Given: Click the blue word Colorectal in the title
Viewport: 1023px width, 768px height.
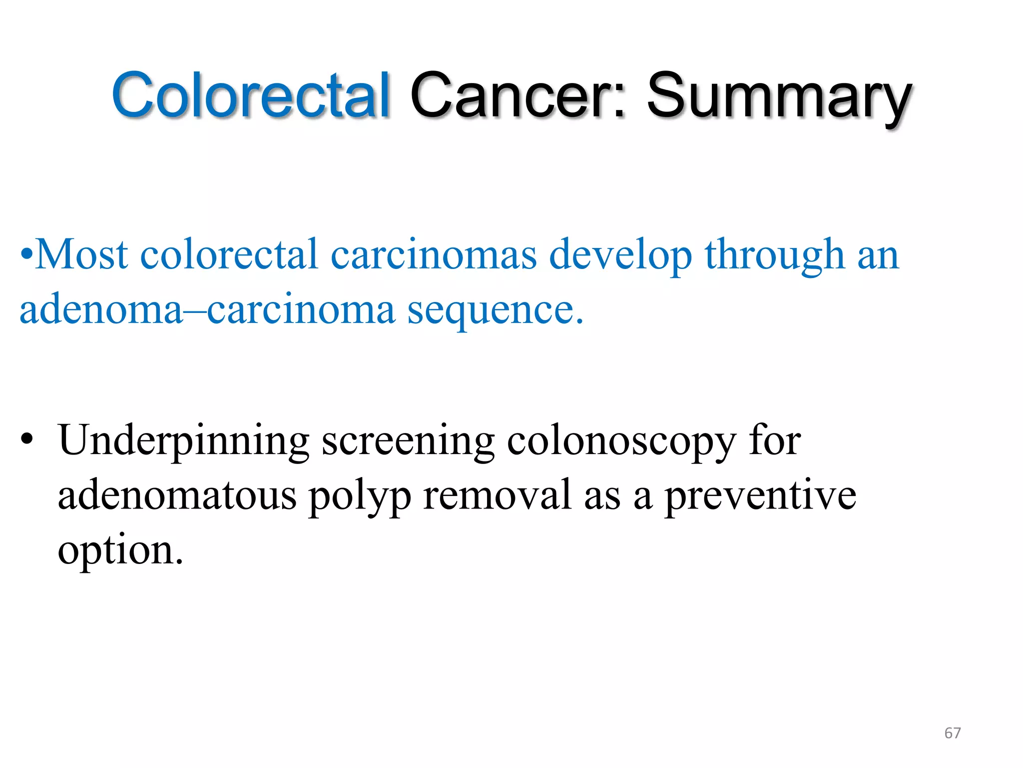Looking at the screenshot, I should coord(250,95).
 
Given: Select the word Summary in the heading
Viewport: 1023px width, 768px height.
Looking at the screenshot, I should coord(779,97).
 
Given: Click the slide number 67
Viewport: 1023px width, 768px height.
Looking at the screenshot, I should coord(952,733).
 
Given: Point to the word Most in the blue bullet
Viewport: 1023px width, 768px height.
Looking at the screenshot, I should coord(82,254).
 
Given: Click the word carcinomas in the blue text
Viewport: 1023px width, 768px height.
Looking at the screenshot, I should coord(434,254).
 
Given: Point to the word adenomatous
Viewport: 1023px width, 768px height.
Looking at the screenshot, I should coord(177,495).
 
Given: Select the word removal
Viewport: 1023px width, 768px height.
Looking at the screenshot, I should coord(497,495).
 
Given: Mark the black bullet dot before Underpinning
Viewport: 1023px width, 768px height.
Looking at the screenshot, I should coord(27,439).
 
